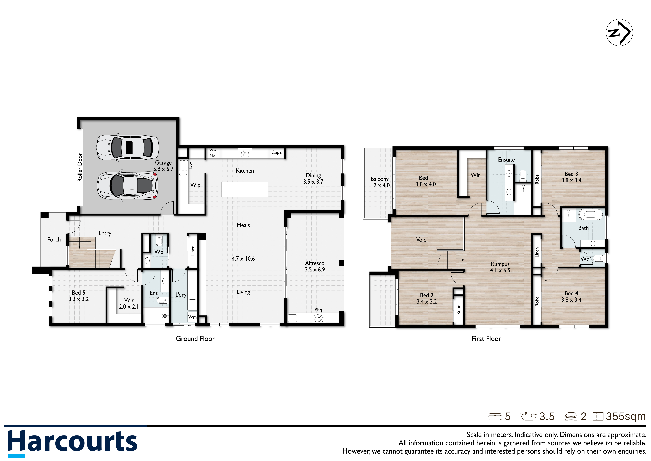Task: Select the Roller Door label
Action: click(80, 167)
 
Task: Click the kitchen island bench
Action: click(245, 189)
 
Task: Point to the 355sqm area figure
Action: click(626, 416)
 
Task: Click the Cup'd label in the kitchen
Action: click(277, 152)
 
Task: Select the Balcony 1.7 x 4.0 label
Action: click(380, 182)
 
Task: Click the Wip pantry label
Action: click(195, 185)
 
